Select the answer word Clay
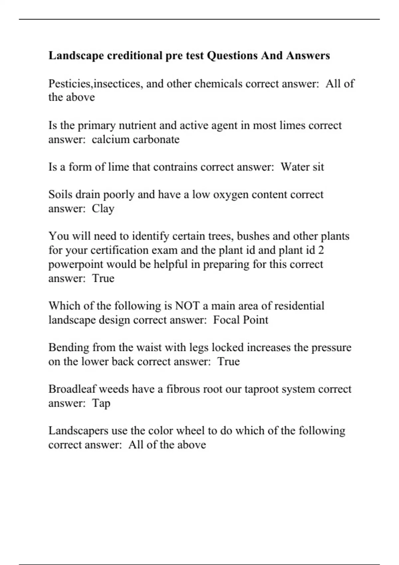(x=103, y=209)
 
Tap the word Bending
(x=69, y=347)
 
